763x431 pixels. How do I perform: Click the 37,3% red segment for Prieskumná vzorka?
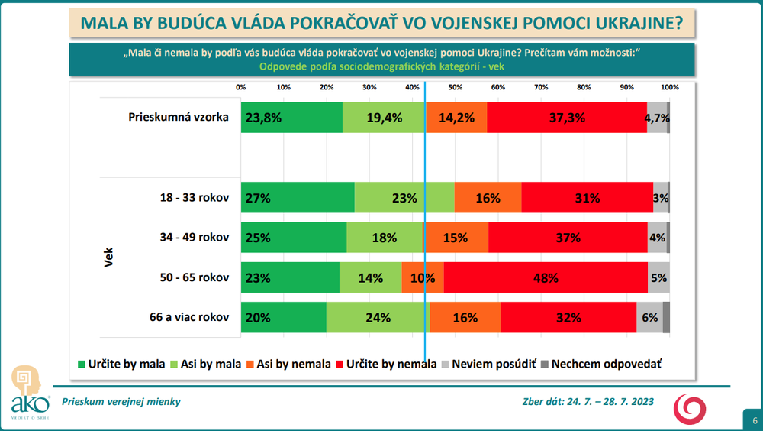566,118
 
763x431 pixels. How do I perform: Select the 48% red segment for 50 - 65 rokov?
546,278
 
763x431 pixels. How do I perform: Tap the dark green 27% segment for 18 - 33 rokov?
298,198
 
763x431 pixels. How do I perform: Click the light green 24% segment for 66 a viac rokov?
378,318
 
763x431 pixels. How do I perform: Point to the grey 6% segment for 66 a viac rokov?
649,318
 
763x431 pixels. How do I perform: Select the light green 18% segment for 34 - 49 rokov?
385,238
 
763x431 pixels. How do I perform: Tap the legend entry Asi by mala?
210,364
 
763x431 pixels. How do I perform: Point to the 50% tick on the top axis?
455,87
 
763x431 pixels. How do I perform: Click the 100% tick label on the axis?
669,87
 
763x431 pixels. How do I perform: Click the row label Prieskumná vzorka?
179,118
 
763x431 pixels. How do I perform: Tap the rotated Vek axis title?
108,257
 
